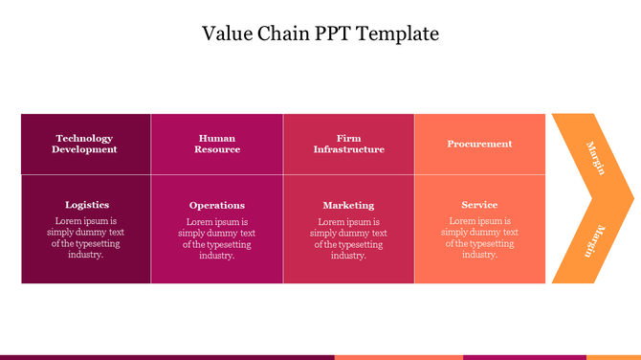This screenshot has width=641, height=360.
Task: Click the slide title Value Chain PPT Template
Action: (x=320, y=34)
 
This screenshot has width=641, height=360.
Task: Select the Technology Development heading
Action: (x=85, y=144)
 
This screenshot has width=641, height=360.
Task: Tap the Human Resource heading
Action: (x=217, y=144)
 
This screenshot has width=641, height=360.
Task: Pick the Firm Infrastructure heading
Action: (x=349, y=144)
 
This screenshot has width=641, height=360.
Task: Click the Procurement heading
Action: (x=479, y=144)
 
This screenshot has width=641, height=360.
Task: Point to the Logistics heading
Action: (x=87, y=204)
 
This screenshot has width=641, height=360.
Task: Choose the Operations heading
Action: (x=217, y=205)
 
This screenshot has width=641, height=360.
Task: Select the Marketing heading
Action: (x=348, y=205)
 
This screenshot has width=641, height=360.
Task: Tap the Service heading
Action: (x=479, y=205)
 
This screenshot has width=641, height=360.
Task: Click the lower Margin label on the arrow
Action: (x=595, y=240)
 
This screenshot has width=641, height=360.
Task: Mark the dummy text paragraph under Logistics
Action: (x=86, y=237)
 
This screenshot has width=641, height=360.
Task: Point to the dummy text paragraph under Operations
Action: (x=217, y=238)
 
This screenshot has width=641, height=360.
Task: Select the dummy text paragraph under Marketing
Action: (x=348, y=238)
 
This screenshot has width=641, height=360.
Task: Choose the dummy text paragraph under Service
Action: (x=479, y=237)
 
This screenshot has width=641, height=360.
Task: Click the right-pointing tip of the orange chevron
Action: (x=631, y=199)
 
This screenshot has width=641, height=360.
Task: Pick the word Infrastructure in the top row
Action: (x=349, y=149)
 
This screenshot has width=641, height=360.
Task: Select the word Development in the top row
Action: (x=85, y=149)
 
